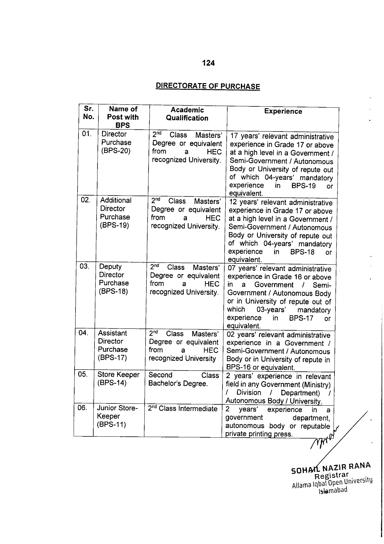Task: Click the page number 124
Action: click(x=208, y=63)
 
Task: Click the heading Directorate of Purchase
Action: click(x=208, y=86)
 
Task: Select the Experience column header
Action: click(x=283, y=111)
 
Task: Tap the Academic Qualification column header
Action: click(x=187, y=114)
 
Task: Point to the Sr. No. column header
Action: click(x=88, y=113)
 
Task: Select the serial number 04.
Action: click(x=83, y=333)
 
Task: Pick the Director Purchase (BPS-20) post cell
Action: click(x=116, y=142)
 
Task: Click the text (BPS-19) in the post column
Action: click(x=115, y=225)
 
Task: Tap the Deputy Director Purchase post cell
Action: click(x=114, y=279)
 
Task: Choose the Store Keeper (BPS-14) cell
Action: click(x=118, y=379)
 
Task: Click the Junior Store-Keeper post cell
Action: click(x=117, y=416)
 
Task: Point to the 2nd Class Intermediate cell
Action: click(x=182, y=409)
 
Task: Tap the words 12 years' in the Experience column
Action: click(x=243, y=202)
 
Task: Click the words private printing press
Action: click(x=259, y=434)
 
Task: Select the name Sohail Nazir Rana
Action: click(x=331, y=468)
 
